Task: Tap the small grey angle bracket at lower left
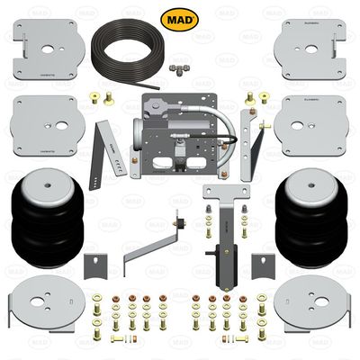[94, 265]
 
